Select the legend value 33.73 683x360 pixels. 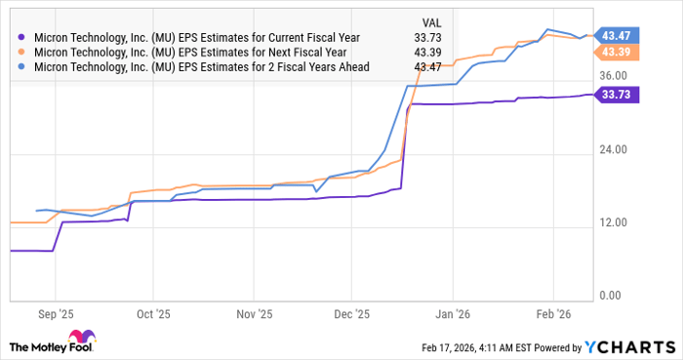pos(429,38)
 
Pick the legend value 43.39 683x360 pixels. pos(429,53)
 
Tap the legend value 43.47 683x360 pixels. pos(429,67)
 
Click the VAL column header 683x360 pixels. pos(430,20)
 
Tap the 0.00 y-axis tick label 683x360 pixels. pos(612,296)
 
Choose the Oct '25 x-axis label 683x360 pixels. pos(152,315)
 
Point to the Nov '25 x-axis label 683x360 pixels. pos(253,315)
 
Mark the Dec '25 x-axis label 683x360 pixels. pos(351,315)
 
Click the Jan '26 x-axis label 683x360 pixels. pos(453,315)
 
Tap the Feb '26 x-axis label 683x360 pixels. pos(552,315)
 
